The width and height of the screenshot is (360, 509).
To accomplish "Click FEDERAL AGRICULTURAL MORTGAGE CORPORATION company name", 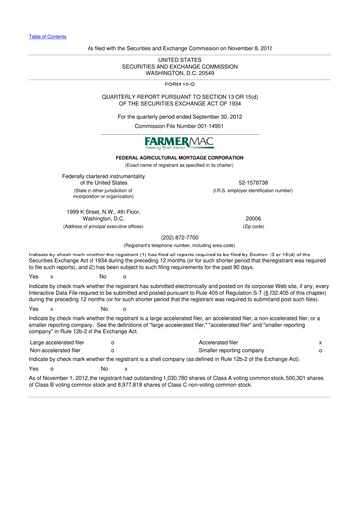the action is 180,157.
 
